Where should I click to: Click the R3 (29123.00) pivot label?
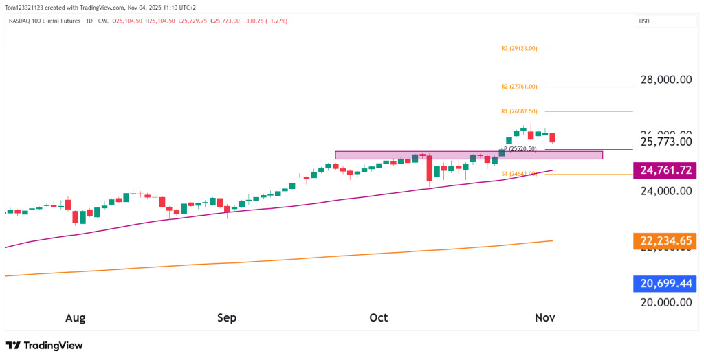[x=519, y=49]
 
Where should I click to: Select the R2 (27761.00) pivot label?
[x=519, y=87]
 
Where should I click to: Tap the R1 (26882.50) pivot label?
[x=519, y=111]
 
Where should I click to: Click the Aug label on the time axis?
[x=75, y=318]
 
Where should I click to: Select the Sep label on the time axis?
[x=227, y=318]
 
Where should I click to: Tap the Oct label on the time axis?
[x=378, y=318]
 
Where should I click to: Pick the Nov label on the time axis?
[x=545, y=318]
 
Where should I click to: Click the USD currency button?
[x=644, y=21]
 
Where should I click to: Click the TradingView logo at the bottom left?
[x=44, y=346]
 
